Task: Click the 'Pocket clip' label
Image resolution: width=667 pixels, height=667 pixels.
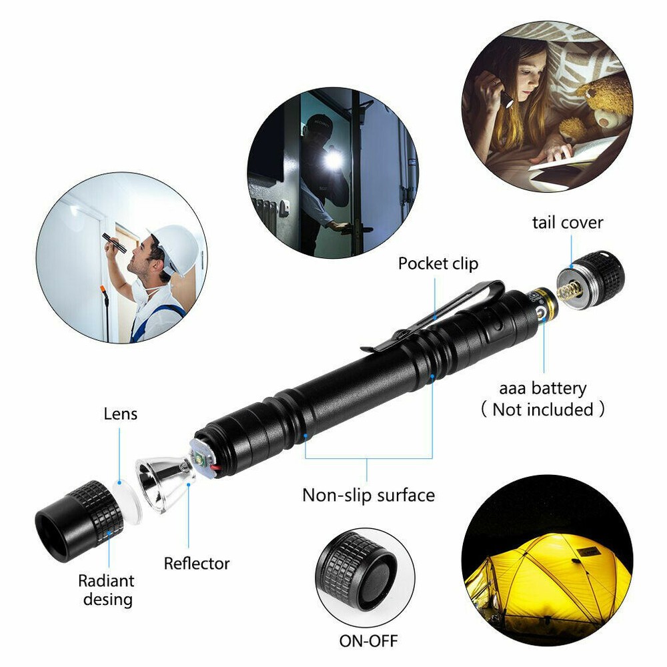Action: point(438,263)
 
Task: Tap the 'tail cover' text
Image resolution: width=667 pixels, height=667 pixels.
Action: point(567,222)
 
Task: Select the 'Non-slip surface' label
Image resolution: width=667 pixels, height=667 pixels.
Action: point(368,495)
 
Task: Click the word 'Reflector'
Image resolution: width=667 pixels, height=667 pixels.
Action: point(197,564)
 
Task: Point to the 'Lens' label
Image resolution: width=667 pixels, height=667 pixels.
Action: point(120,414)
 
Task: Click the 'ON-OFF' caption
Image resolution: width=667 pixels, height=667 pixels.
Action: point(368,641)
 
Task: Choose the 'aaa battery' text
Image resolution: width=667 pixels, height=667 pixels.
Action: point(543,388)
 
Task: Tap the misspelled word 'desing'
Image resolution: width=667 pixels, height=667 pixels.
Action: point(107,599)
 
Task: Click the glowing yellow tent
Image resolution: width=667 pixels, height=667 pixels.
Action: point(547,574)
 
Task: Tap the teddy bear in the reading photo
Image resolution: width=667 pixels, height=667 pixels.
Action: point(600,107)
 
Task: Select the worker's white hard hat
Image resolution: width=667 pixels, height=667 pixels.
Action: point(175,245)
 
